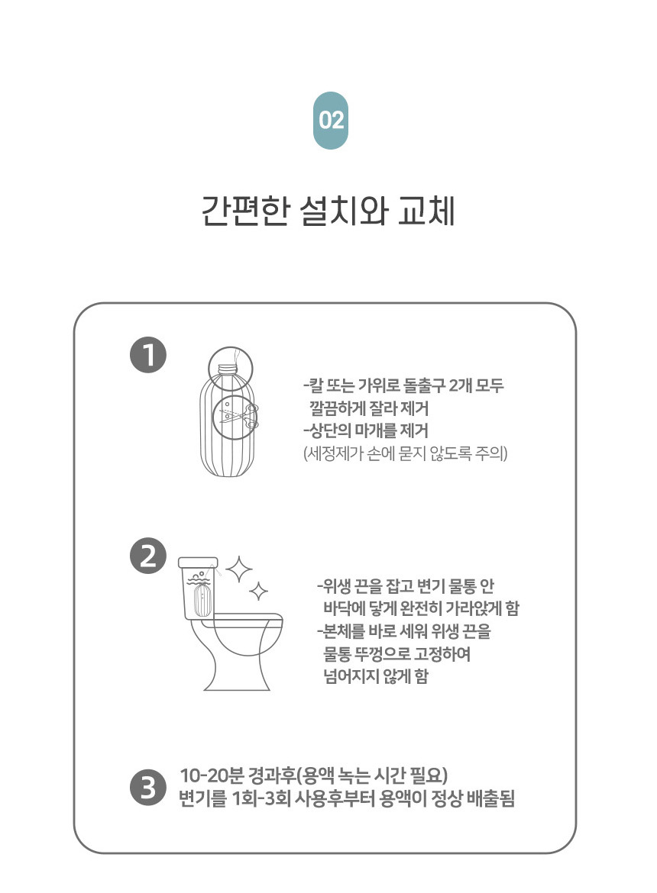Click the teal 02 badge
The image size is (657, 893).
tap(331, 120)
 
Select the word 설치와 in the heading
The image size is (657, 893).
tap(344, 211)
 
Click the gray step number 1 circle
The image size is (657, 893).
tap(148, 356)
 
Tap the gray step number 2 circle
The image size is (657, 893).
tap(148, 556)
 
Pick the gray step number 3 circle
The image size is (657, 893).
tap(148, 788)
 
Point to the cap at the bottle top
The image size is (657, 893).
tap(230, 367)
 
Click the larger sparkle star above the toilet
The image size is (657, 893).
tap(239, 569)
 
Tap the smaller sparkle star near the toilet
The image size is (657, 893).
tap(259, 592)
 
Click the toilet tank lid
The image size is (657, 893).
tap(198, 563)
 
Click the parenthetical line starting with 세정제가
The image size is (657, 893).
tap(405, 453)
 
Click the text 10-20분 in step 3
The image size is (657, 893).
tap(212, 775)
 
